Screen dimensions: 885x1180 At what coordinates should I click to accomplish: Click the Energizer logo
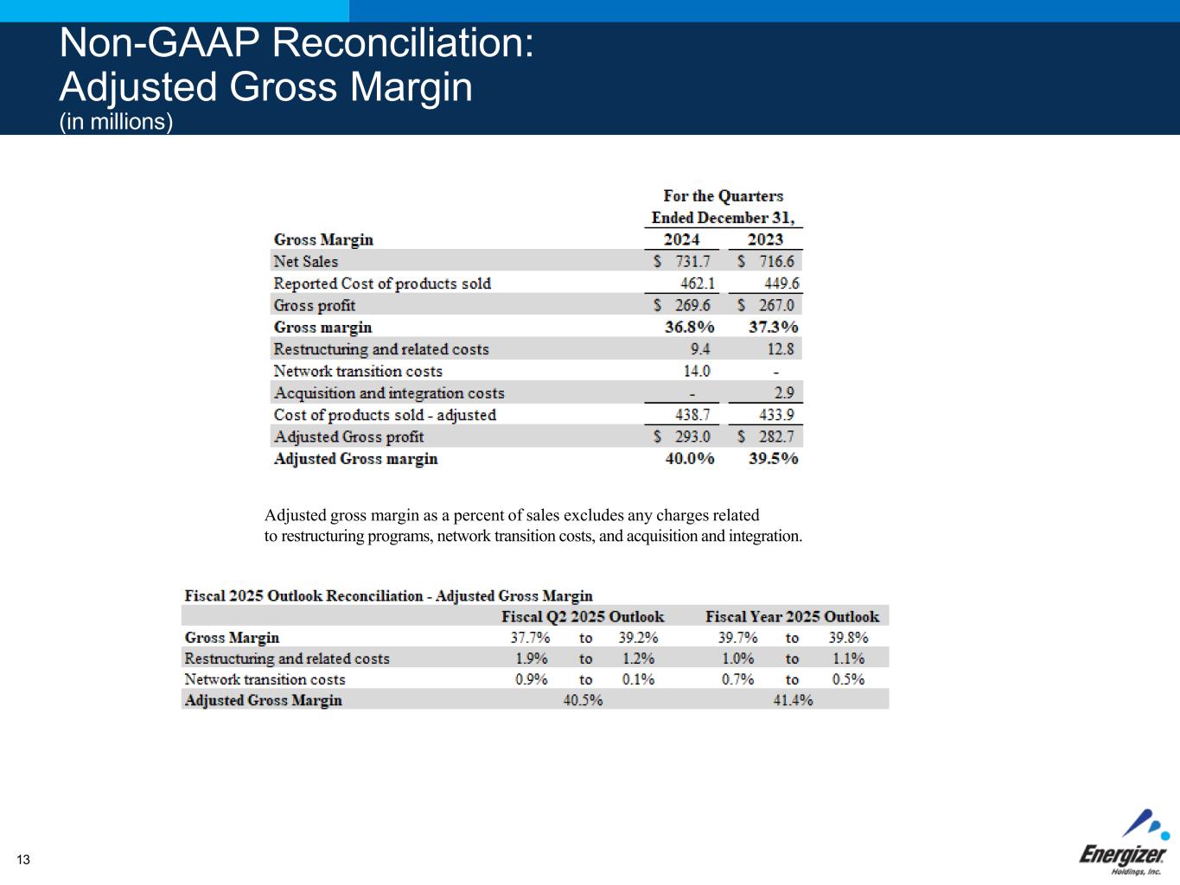1123,846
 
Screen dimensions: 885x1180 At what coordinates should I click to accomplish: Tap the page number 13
22,859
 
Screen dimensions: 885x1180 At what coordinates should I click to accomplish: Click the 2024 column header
681,239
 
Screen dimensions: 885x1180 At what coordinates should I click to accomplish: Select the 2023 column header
765,239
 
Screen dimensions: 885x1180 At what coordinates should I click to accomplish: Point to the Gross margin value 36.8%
689,327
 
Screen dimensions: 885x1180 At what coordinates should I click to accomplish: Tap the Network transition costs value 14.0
696,371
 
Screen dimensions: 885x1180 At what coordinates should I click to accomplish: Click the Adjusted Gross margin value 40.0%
689,458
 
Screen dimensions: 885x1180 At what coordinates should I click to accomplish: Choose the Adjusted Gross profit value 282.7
775,436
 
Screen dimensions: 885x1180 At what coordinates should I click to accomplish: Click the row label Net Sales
305,261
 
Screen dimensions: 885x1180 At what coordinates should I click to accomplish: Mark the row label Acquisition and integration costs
388,393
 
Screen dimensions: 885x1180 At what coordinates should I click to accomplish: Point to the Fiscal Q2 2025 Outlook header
583,616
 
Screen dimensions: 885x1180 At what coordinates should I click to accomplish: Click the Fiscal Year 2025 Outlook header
792,616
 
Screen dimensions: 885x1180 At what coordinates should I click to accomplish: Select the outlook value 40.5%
583,700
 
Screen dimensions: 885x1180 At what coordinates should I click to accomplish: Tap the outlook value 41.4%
793,700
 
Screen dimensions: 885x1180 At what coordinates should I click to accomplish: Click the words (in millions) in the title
116,122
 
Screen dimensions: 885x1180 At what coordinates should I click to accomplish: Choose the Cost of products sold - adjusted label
385,415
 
